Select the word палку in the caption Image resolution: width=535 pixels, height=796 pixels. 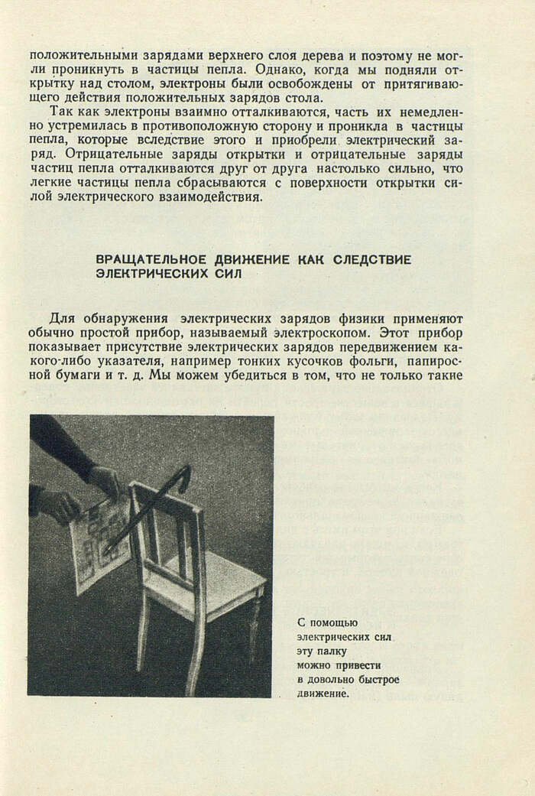click(x=333, y=651)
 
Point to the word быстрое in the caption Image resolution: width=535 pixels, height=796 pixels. click(x=378, y=679)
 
